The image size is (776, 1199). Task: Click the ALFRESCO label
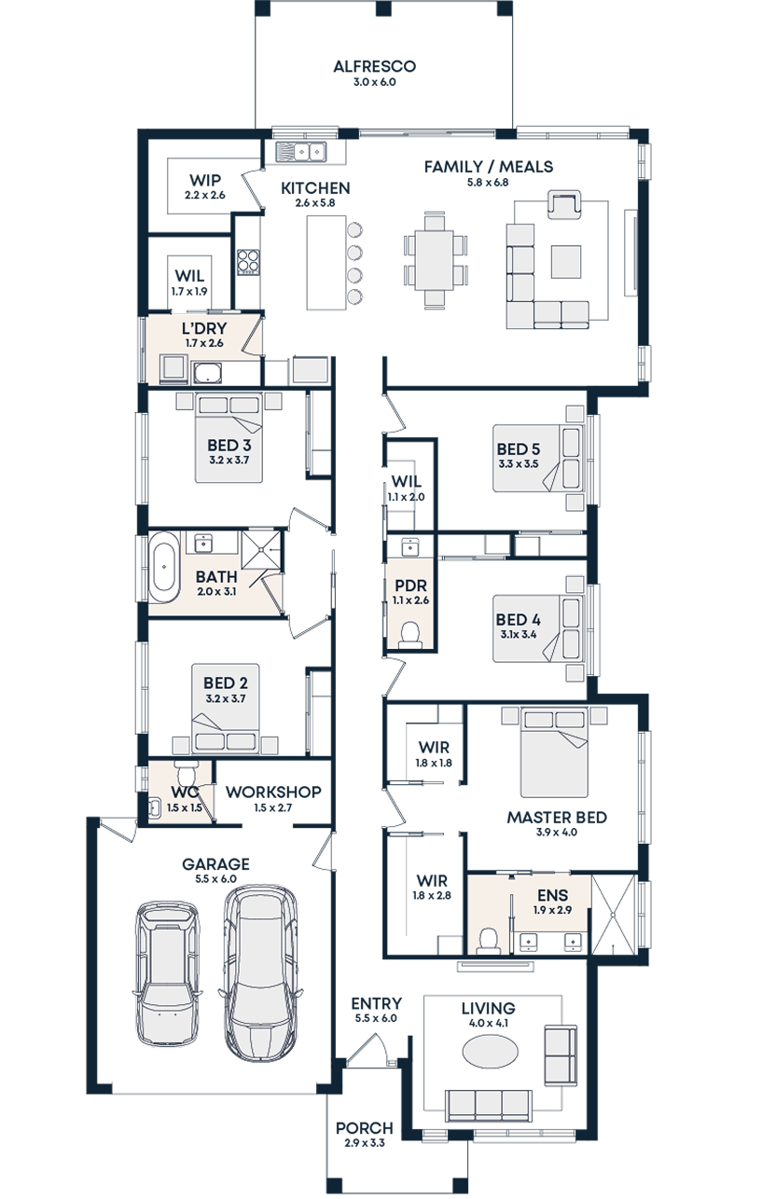coord(374,67)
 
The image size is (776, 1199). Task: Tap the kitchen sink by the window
coord(299,151)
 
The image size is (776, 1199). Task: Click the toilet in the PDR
coord(410,634)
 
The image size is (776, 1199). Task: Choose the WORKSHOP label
coord(273,792)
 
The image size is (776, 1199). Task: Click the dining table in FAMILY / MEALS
coord(436,260)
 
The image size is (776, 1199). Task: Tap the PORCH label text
coord(365,1128)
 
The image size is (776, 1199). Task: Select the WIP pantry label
coord(204,180)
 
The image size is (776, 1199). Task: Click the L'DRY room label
coord(204,328)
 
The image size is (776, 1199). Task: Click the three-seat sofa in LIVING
coord(489,1105)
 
